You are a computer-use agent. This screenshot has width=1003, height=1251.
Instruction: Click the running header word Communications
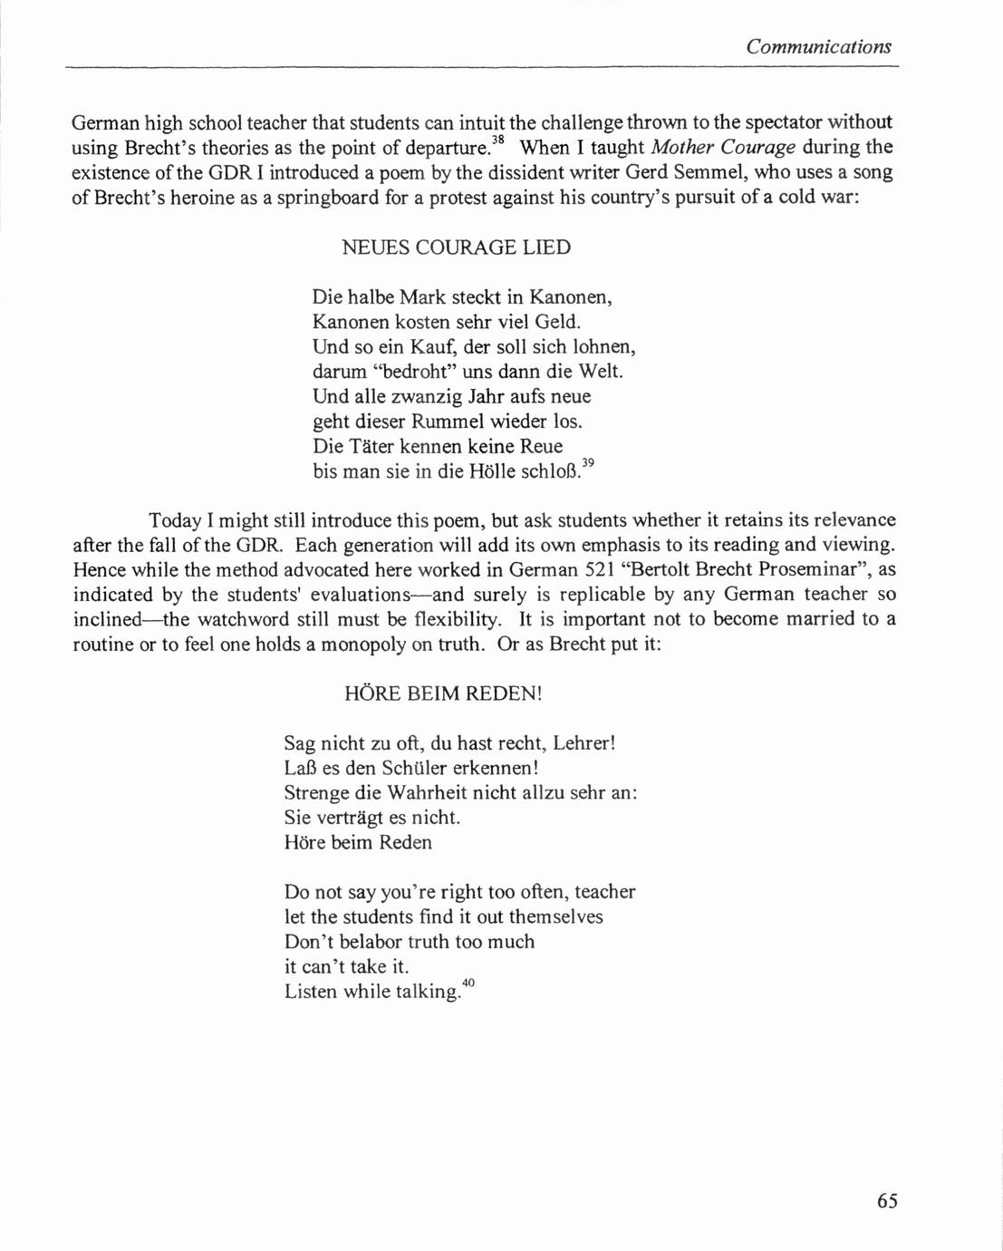(x=818, y=47)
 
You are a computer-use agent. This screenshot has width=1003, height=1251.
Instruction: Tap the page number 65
(x=887, y=1201)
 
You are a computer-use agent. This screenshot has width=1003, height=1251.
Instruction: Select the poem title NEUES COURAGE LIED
(x=456, y=247)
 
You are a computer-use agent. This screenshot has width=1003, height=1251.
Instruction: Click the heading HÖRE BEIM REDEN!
(x=443, y=694)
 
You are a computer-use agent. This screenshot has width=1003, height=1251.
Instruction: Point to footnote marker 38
(x=497, y=140)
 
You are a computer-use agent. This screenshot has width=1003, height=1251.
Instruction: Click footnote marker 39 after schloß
(x=587, y=463)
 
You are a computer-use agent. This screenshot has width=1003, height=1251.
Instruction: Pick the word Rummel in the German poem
(x=449, y=422)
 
